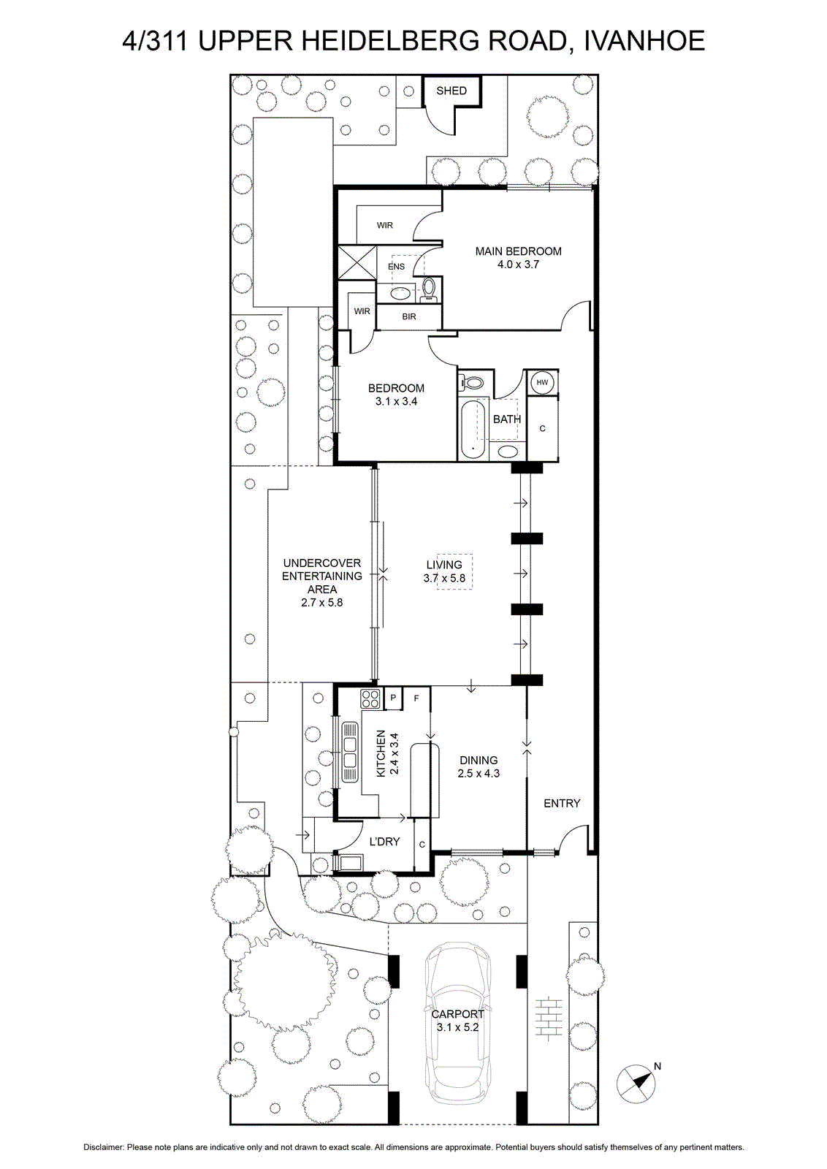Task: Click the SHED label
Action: click(451, 91)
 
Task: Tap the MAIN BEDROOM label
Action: click(518, 251)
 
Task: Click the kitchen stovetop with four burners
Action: click(370, 698)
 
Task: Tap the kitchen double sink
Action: click(350, 753)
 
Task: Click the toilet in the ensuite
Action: click(429, 289)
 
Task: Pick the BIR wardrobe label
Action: click(409, 317)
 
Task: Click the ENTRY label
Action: click(562, 804)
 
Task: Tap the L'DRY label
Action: click(384, 842)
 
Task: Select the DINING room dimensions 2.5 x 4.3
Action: click(479, 774)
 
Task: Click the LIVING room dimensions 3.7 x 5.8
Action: click(444, 578)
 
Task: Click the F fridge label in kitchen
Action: click(416, 698)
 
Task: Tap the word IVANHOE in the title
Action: click(644, 41)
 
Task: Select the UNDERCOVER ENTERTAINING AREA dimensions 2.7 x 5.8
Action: click(322, 602)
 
